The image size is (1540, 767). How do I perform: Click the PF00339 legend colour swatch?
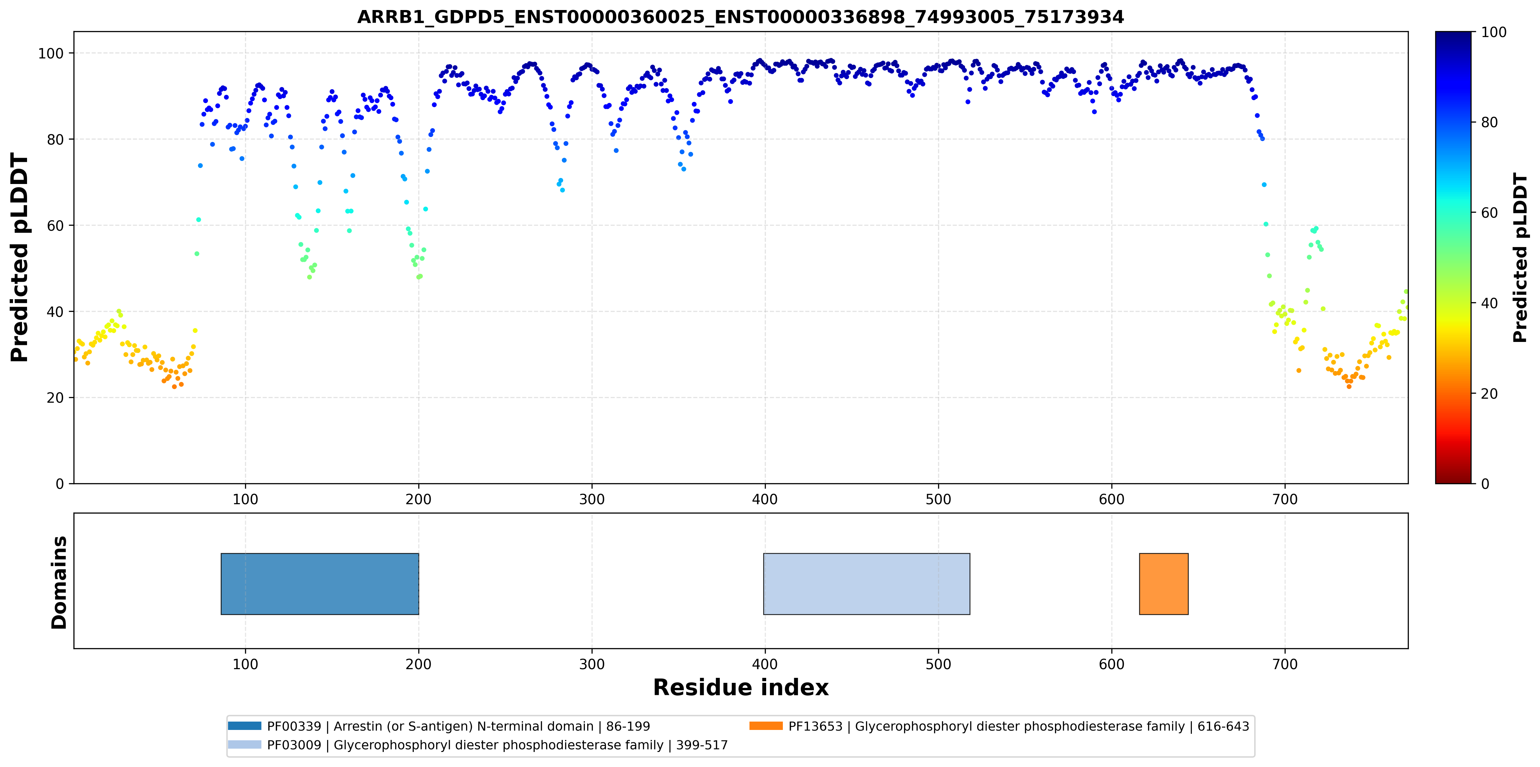click(244, 726)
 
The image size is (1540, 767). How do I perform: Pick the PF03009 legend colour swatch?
click(244, 744)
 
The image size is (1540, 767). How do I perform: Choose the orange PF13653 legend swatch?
click(766, 726)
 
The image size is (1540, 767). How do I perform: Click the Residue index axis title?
click(741, 688)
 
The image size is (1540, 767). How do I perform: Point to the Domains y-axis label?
click(59, 582)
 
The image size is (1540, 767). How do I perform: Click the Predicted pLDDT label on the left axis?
click(20, 258)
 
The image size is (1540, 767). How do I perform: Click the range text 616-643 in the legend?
click(1223, 726)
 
